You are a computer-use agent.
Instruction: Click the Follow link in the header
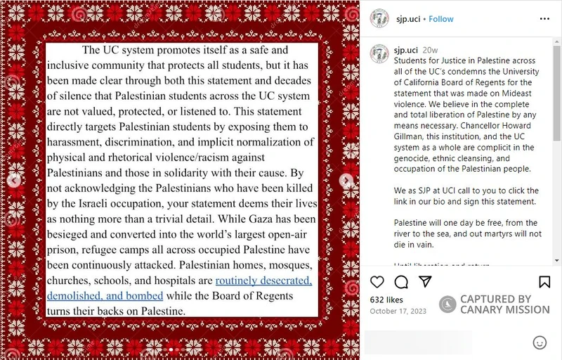coord(441,19)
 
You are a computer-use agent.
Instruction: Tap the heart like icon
coord(377,282)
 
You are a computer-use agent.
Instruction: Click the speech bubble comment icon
coord(401,282)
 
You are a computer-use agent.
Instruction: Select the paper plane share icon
coord(425,281)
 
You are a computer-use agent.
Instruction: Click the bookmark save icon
coord(544,282)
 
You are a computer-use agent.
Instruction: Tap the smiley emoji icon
coord(540,342)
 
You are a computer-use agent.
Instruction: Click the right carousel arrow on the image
coord(346,181)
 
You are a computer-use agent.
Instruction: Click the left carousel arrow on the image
coord(13,181)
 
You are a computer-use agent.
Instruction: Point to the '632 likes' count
coord(386,300)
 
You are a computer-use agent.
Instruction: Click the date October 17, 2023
coord(398,311)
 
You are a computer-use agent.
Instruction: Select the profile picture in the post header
coord(379,19)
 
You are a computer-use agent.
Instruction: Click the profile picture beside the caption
coord(379,54)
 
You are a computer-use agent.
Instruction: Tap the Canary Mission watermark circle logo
coord(447,304)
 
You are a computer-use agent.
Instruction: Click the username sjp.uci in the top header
coord(407,19)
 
